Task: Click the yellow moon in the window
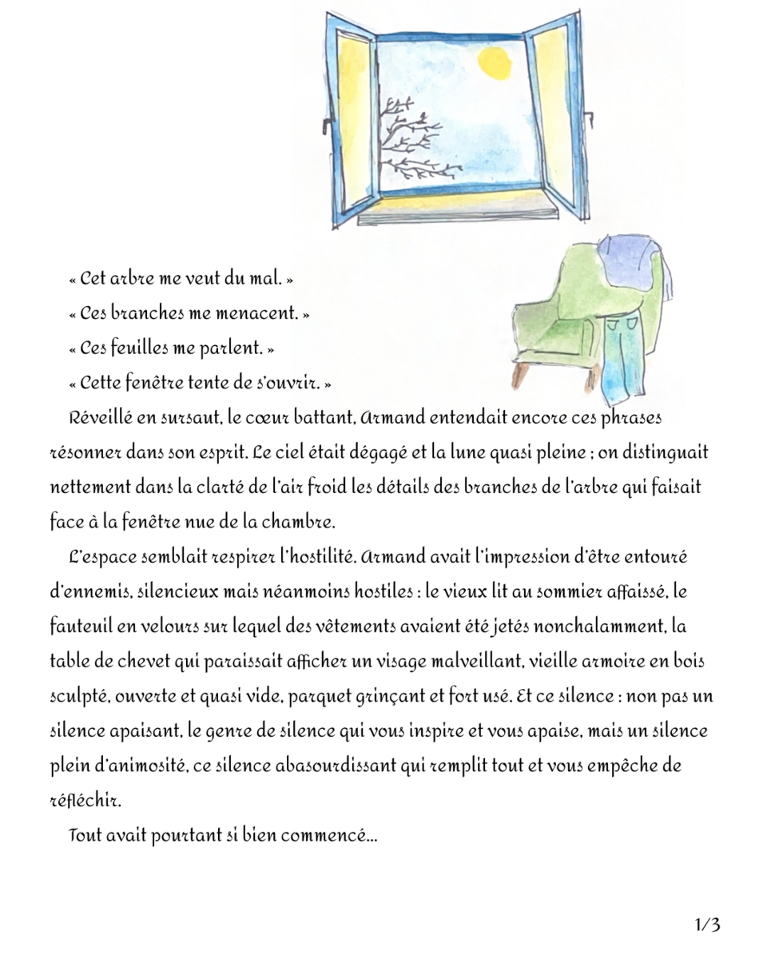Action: (x=491, y=64)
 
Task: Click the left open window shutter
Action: (x=352, y=120)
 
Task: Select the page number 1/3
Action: (x=708, y=925)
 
